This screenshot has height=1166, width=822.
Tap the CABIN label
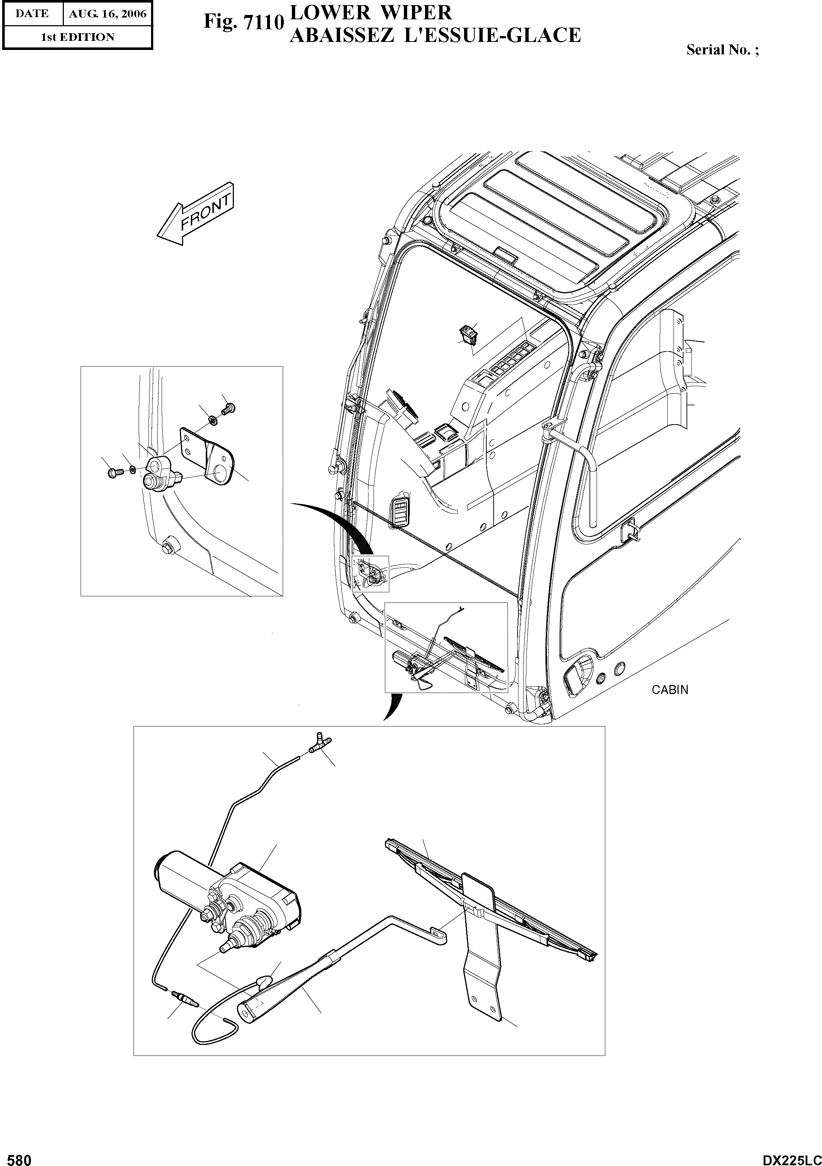coord(669,690)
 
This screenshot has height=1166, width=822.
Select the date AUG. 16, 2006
coord(108,14)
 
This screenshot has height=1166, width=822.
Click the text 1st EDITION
coord(78,37)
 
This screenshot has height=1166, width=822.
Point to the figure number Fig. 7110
coord(243,22)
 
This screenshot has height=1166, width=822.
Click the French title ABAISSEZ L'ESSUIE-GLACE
coord(435,35)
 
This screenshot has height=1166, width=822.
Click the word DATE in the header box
coord(32,14)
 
